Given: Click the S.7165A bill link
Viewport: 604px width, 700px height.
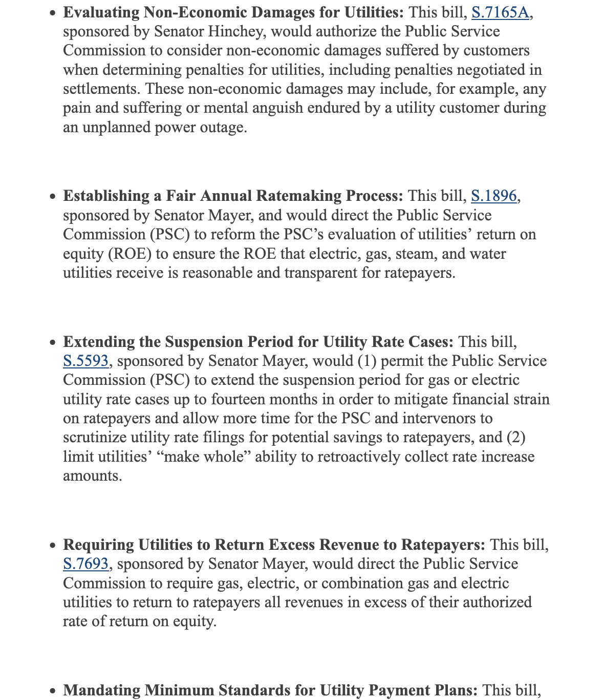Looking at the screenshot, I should pyautogui.click(x=500, y=12).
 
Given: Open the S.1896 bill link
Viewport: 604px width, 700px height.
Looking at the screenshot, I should pyautogui.click(x=493, y=196).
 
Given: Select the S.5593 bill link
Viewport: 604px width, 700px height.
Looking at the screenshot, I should pyautogui.click(x=85, y=361).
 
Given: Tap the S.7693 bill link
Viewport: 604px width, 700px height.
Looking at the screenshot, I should pyautogui.click(x=85, y=564).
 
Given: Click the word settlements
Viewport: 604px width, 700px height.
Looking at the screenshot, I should pyautogui.click(x=101, y=89).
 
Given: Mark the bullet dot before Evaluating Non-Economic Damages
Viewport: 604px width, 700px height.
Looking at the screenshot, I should pyautogui.click(x=53, y=13).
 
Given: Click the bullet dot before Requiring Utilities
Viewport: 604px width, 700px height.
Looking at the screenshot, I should pyautogui.click(x=53, y=545).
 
